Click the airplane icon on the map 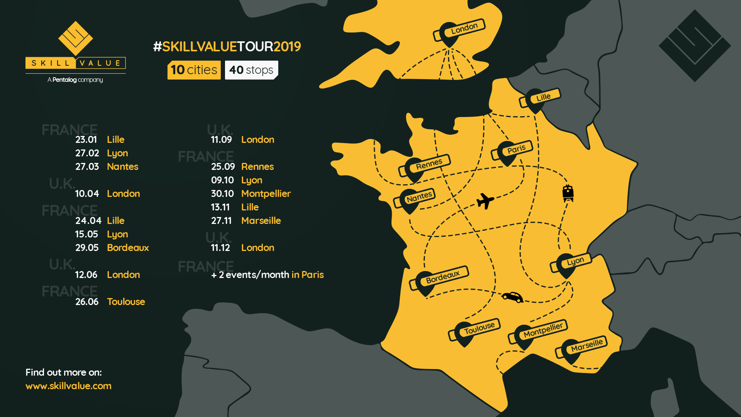[x=485, y=201]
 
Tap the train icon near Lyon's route [x=568, y=193]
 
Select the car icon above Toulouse [x=513, y=297]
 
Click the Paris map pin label [x=516, y=149]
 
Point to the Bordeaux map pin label [x=442, y=277]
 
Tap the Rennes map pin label [x=428, y=164]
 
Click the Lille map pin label [x=543, y=97]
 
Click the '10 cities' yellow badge [x=194, y=70]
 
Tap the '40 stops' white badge [x=251, y=70]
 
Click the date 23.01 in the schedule [x=86, y=139]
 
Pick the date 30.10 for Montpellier [x=222, y=193]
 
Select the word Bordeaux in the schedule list [x=128, y=247]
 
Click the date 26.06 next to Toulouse [x=87, y=302]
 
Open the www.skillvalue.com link [x=68, y=386]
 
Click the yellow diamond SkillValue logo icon [x=76, y=38]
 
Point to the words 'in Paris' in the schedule [x=308, y=275]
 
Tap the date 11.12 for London [x=220, y=247]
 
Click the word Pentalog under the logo [x=64, y=80]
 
